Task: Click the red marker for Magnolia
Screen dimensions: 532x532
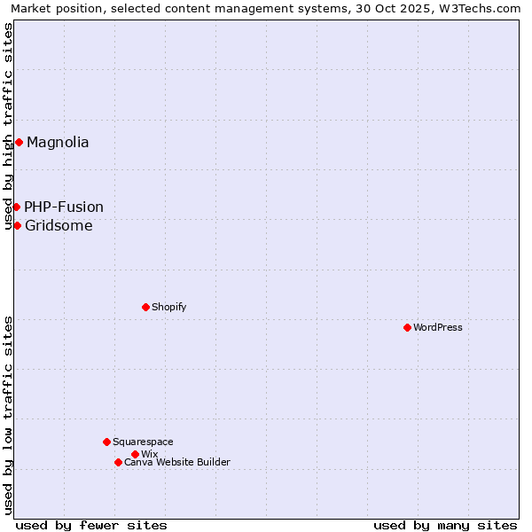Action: point(19,143)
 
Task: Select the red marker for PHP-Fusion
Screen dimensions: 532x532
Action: point(16,207)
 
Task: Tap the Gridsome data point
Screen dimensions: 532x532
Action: point(17,225)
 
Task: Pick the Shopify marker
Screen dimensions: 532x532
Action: point(145,307)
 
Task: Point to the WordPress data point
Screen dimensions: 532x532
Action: point(407,327)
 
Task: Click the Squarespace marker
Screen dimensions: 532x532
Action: point(106,442)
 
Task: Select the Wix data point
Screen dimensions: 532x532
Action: point(135,454)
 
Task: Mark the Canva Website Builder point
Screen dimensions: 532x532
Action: point(118,462)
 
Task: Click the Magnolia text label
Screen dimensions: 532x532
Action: point(58,143)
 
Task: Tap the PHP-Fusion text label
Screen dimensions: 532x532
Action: point(64,207)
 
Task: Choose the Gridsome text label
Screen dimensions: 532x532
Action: point(59,225)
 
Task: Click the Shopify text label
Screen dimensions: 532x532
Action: point(168,307)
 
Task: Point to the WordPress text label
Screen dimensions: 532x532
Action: point(438,327)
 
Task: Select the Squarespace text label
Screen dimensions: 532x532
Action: point(143,442)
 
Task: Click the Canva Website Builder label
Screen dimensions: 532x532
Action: point(177,462)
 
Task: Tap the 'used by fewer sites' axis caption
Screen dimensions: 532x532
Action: point(91,525)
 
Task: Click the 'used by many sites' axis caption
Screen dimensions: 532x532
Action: point(445,525)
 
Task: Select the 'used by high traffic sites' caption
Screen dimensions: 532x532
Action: point(9,127)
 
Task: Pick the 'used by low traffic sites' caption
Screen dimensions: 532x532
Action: point(9,414)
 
